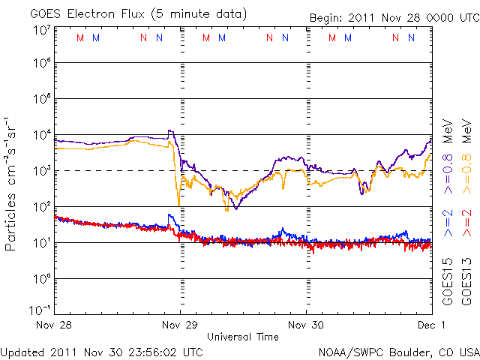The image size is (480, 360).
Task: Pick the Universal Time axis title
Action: (243, 337)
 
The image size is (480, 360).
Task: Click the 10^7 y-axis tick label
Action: (41, 31)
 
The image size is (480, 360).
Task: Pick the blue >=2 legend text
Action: (447, 224)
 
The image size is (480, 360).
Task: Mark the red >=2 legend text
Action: (466, 224)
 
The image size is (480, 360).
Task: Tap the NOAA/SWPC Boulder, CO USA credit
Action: (398, 351)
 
